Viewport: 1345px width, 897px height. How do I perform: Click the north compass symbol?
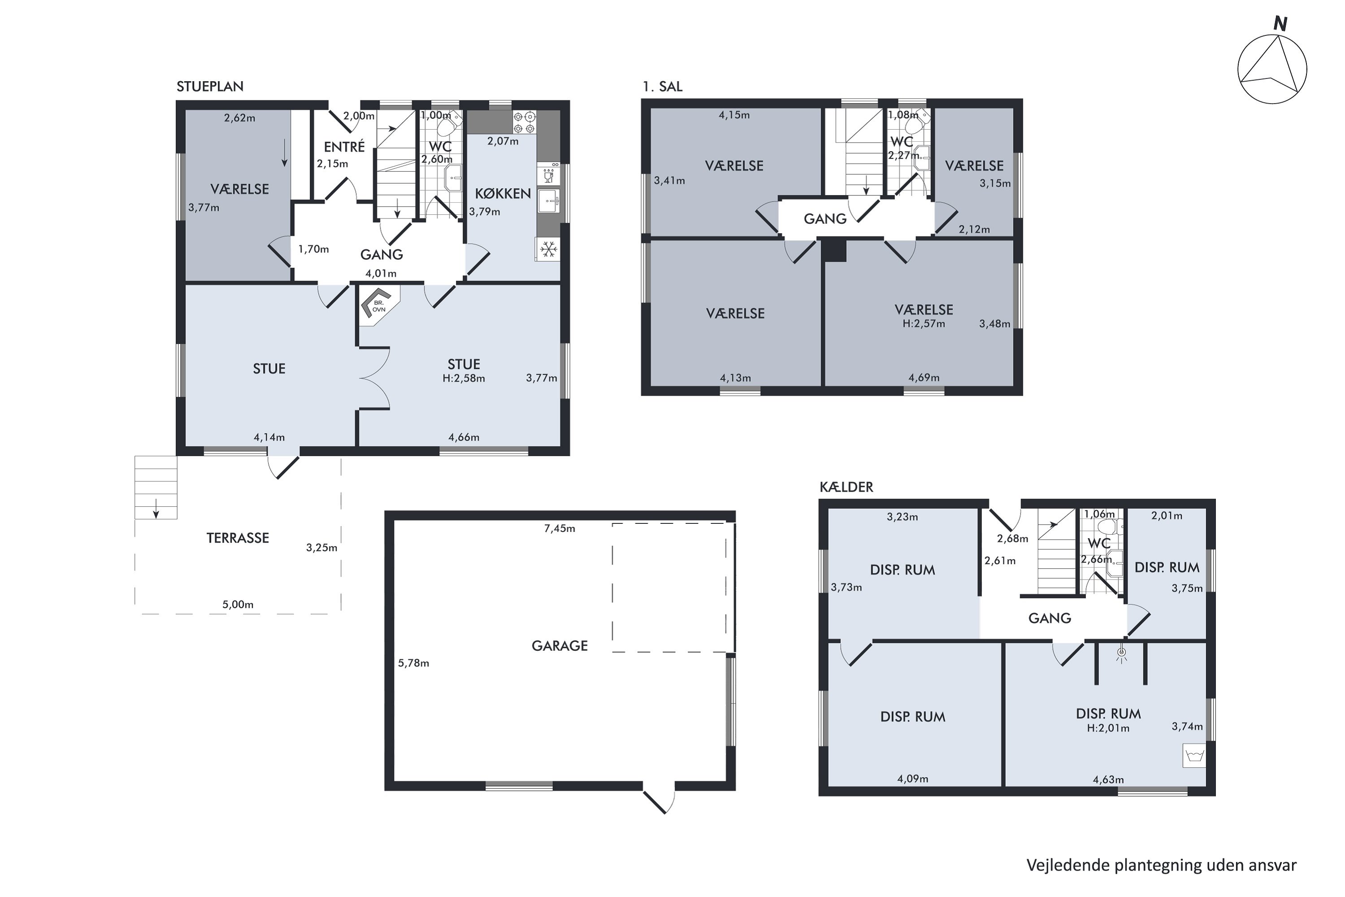1272,69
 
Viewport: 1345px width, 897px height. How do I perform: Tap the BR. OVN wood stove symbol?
378,305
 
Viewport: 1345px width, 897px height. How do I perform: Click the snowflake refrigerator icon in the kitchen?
549,249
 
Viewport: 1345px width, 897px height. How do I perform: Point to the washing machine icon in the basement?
1194,756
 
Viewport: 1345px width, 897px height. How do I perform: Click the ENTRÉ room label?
344,147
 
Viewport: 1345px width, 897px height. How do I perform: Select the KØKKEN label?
503,193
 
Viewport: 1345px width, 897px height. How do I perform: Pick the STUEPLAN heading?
210,87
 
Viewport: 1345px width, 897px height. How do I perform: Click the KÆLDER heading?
846,487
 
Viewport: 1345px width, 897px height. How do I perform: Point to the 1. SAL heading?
662,87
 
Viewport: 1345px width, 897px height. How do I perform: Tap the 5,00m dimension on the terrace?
238,605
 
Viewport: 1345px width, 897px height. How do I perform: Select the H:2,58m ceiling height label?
464,378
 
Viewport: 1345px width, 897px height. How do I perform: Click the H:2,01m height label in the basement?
1108,728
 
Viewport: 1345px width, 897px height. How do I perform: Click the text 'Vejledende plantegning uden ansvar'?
1162,866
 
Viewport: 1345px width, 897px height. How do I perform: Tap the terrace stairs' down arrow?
156,509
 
